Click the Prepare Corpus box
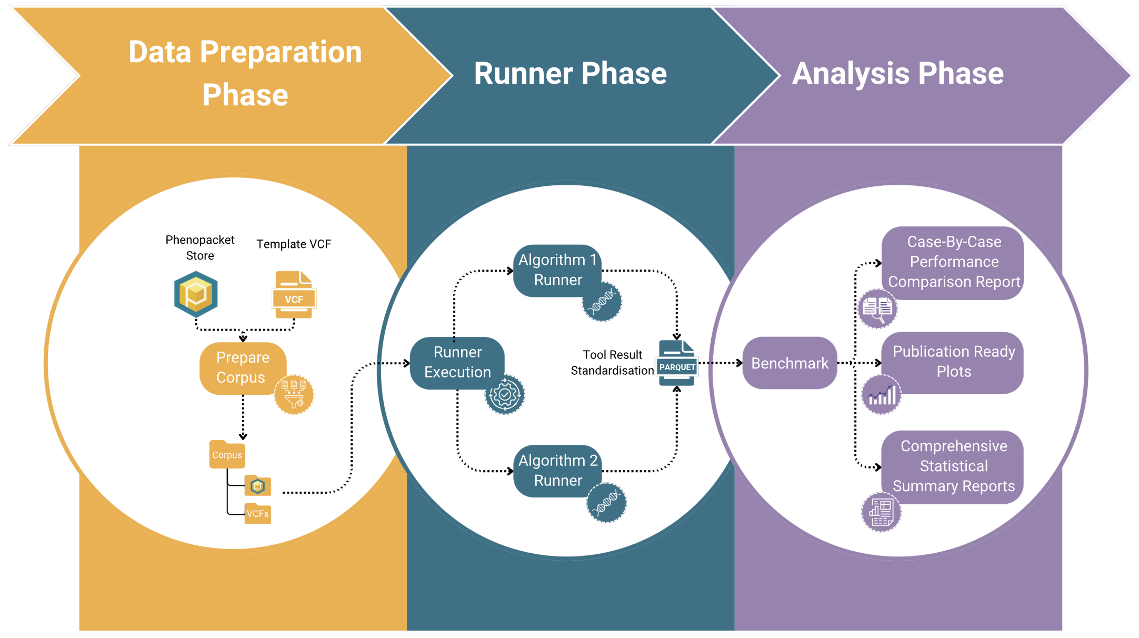click(243, 367)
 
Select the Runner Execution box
click(457, 362)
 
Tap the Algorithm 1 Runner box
click(557, 270)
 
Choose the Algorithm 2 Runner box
click(557, 470)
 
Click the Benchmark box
click(789, 363)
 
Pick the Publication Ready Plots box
click(953, 362)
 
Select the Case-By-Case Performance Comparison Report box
click(953, 262)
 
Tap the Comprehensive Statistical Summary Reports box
click(953, 466)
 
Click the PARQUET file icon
click(677, 363)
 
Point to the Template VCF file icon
click(294, 295)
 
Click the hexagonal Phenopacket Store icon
click(196, 294)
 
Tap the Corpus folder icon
click(227, 454)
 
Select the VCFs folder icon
click(257, 513)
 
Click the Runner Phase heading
click(570, 73)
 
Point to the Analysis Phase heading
click(897, 73)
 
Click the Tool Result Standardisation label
click(612, 363)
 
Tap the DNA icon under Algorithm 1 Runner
click(602, 302)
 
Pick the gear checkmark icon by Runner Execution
click(504, 394)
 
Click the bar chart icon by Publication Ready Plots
click(882, 394)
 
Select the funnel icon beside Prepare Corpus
click(294, 395)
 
